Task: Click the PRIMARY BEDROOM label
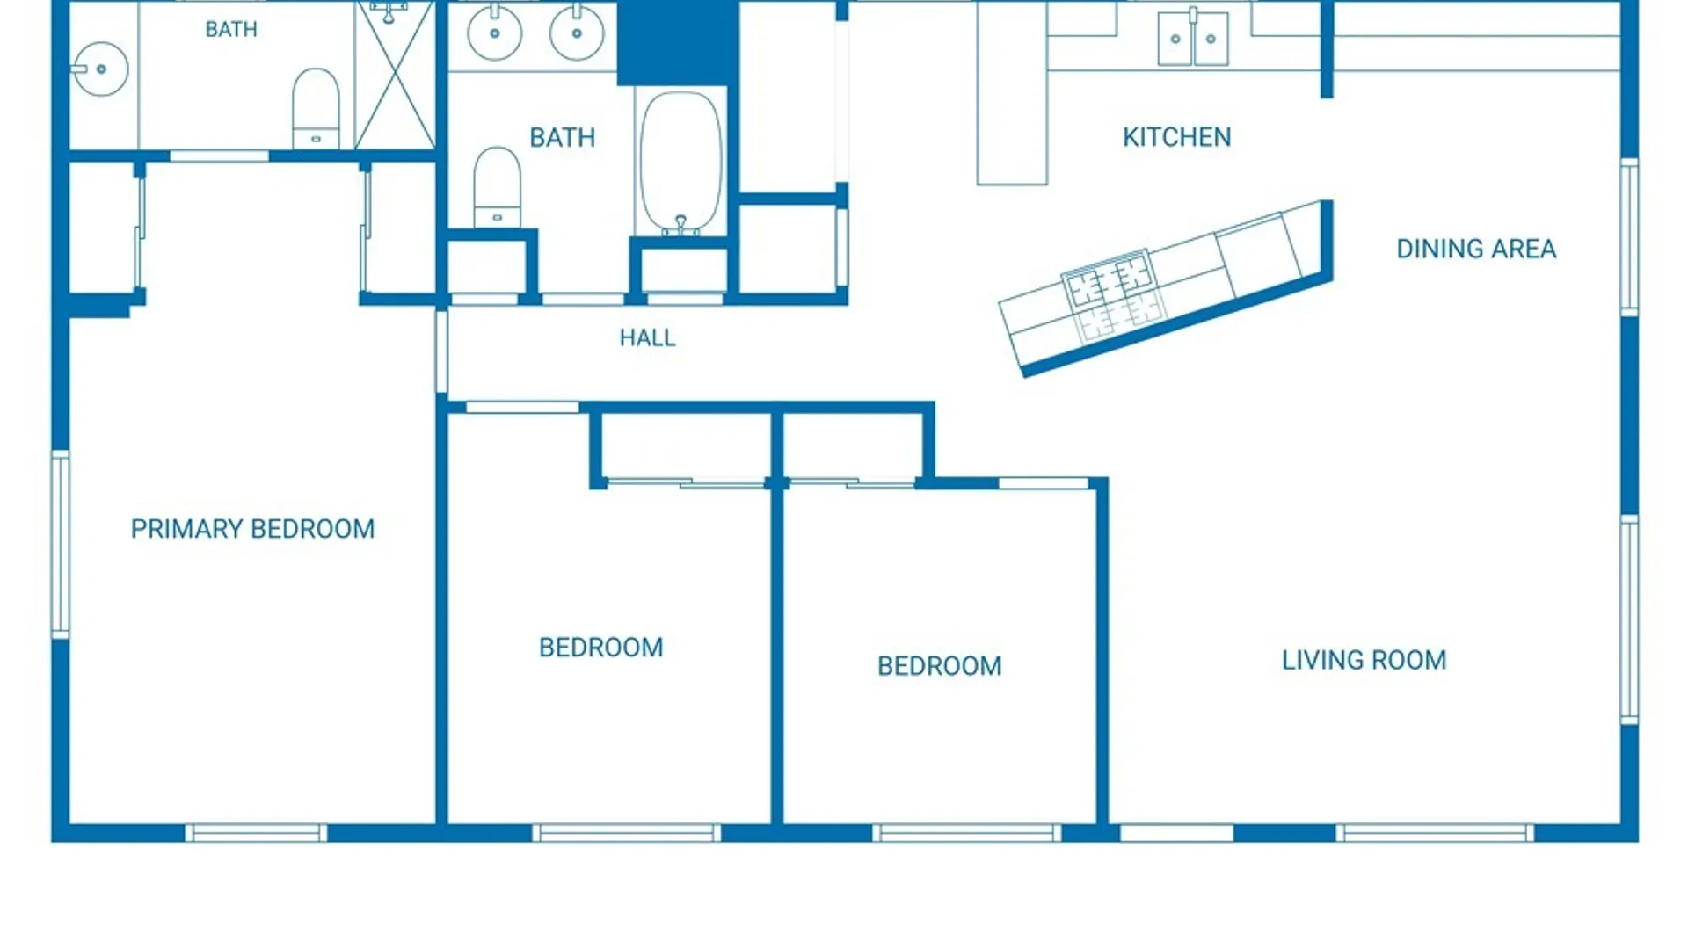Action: point(252,529)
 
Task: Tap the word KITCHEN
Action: point(1176,137)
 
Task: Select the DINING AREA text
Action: point(1476,249)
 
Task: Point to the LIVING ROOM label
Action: point(1364,660)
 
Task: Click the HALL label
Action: point(647,337)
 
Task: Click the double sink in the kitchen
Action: point(1193,37)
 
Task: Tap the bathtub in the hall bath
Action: point(680,162)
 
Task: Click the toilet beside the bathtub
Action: point(497,187)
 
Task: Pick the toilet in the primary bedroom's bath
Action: point(316,108)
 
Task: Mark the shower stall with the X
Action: point(395,75)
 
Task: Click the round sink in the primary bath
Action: point(100,69)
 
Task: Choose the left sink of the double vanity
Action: point(494,33)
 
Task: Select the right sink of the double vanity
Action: point(577,33)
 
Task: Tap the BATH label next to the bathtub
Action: point(563,137)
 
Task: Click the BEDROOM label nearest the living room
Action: point(939,666)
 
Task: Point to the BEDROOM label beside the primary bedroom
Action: point(600,648)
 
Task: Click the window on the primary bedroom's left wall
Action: point(61,544)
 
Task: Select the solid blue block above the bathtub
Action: point(678,42)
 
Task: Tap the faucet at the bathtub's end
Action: point(680,226)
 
